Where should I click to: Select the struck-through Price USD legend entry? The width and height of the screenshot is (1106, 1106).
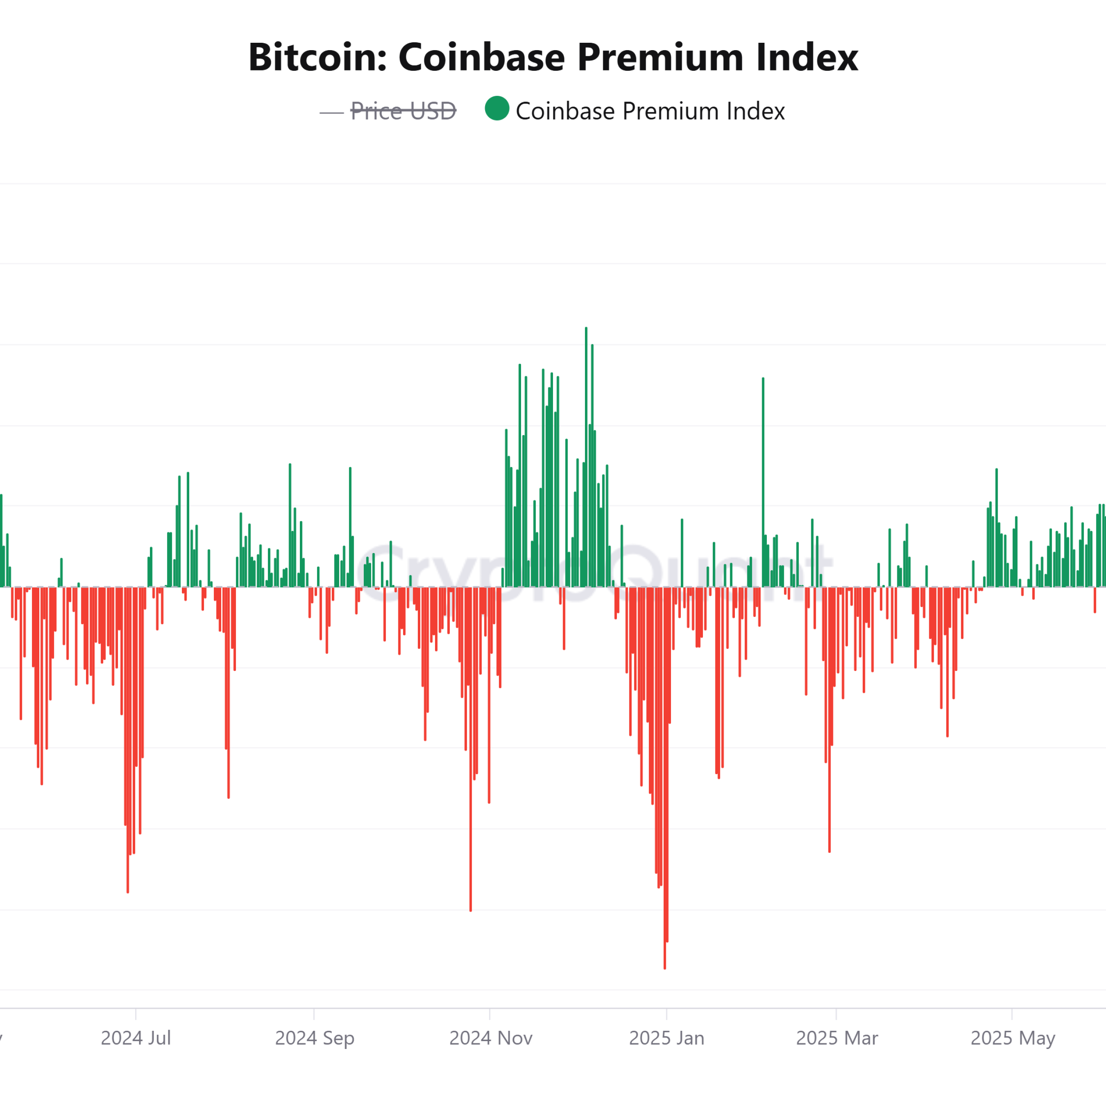pos(403,111)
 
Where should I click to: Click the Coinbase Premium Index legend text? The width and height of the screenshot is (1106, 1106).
pos(650,111)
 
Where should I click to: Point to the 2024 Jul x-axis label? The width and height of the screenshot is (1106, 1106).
pos(136,1038)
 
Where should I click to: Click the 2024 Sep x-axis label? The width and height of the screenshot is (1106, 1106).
pos(314,1038)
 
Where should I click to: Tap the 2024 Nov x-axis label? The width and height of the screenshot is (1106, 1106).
pos(491,1038)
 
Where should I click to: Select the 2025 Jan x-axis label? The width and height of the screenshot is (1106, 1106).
pos(666,1038)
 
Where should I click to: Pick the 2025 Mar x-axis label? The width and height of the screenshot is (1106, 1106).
pos(836,1038)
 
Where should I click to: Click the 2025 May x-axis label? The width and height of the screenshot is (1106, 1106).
pos(1012,1038)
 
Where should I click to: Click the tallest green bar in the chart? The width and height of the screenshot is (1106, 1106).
pos(586,458)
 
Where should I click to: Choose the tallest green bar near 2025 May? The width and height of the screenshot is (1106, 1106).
pos(997,527)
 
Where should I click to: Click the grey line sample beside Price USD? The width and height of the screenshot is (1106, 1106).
pos(331,113)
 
